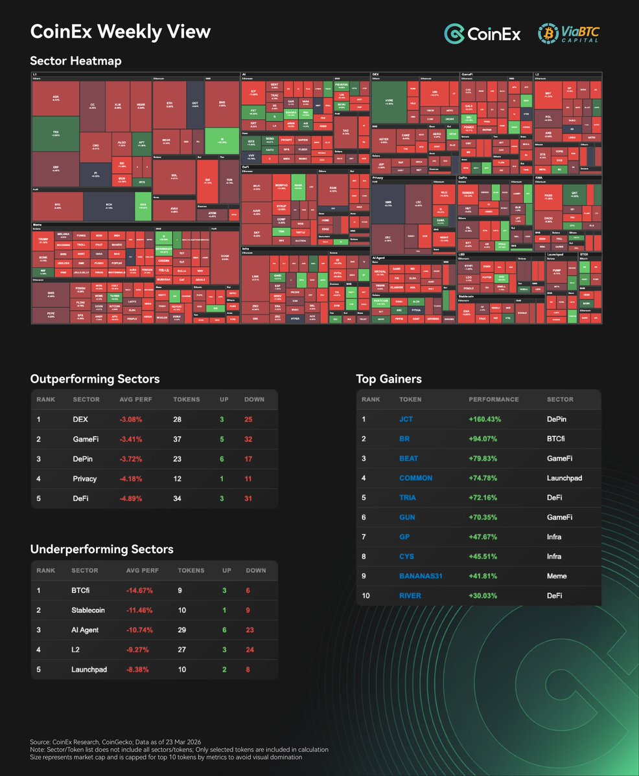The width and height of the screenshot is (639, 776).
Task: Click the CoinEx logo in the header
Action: [x=482, y=34]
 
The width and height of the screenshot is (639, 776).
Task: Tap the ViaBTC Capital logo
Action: [x=568, y=34]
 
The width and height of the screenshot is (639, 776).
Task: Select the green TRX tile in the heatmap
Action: [x=56, y=133]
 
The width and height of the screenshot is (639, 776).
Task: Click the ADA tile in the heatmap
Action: [x=56, y=99]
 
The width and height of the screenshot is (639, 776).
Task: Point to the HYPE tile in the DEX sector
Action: [x=389, y=102]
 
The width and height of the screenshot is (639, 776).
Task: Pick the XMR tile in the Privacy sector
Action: [x=388, y=204]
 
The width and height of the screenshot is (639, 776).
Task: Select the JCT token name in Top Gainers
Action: [x=406, y=419]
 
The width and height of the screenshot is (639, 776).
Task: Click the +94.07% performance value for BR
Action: [x=485, y=439]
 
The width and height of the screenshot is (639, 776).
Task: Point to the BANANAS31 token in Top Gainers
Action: [x=421, y=576]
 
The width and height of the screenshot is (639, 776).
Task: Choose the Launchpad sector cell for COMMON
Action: [x=564, y=478]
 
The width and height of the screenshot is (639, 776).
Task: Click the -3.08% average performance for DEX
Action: [x=130, y=419]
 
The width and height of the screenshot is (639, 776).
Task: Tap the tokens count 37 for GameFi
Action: [x=178, y=439]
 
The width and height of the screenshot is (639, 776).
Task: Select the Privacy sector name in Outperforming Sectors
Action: [x=85, y=479]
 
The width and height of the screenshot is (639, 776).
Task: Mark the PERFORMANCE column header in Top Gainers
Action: [x=494, y=399]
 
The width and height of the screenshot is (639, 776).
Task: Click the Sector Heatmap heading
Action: [x=76, y=61]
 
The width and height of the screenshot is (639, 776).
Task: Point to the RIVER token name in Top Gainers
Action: [x=410, y=595]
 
